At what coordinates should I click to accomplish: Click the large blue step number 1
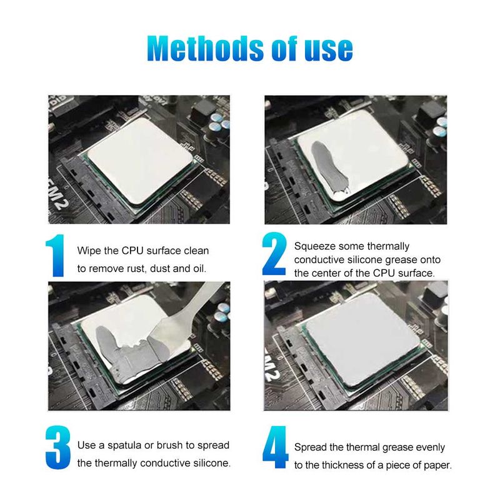point(56,256)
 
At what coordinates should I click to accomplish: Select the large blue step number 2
point(274,254)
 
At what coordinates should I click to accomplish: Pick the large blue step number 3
point(57,447)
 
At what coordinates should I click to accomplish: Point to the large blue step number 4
point(275,447)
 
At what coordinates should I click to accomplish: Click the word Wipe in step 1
point(89,251)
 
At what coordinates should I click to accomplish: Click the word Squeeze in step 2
point(314,246)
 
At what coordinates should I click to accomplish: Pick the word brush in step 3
point(169,445)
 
